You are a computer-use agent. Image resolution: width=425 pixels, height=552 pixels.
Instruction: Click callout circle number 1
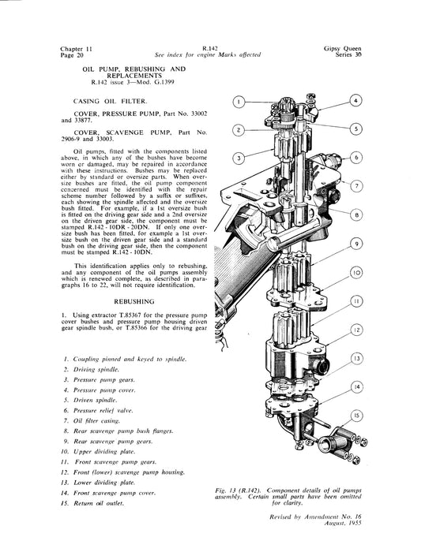[239, 102]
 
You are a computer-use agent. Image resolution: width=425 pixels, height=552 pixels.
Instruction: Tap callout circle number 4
[355, 101]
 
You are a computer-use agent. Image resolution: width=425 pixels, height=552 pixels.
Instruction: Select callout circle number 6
[356, 157]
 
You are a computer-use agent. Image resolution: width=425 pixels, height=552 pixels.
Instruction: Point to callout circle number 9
[357, 244]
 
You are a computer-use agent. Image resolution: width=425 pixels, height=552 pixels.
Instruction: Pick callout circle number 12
[357, 330]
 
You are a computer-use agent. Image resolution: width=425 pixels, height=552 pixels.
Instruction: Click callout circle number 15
[357, 416]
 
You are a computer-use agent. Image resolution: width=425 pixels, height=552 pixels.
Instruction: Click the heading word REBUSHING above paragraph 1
[134, 302]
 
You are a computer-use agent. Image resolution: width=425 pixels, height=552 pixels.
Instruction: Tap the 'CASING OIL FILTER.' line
[109, 102]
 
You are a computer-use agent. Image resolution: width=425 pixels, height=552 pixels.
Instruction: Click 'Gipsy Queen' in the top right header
[343, 49]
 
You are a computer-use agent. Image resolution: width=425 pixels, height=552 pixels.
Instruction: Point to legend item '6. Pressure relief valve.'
[99, 411]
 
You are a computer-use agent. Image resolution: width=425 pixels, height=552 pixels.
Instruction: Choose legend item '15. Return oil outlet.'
[92, 503]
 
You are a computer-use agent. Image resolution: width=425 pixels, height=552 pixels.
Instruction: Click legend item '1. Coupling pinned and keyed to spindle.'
[125, 360]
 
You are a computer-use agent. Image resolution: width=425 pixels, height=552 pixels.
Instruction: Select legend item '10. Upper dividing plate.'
[98, 452]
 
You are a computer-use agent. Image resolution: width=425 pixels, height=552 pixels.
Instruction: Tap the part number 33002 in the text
[199, 114]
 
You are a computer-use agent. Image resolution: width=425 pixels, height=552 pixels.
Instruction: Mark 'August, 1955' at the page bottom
[343, 523]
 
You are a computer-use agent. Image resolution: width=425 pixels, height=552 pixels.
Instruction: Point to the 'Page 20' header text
[72, 55]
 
